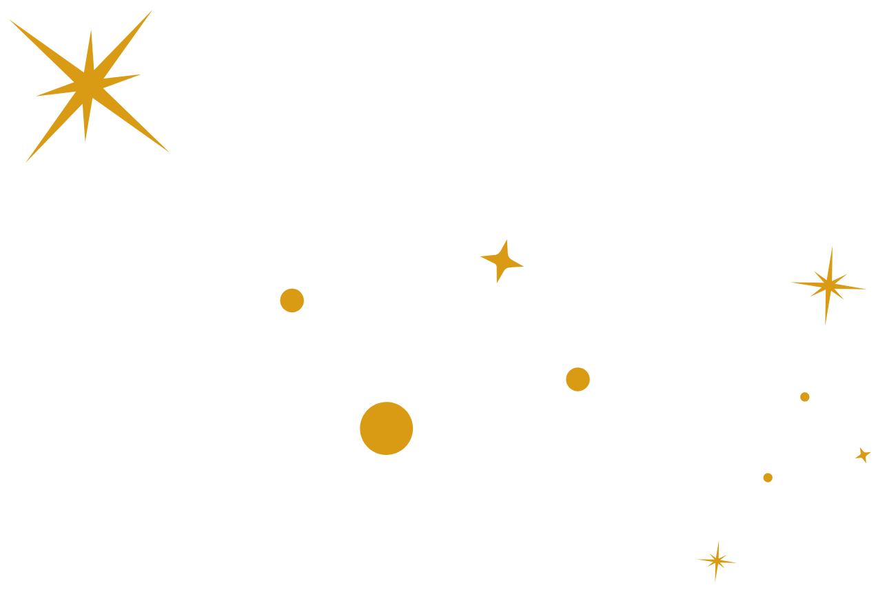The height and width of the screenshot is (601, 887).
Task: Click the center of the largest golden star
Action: tap(89, 85)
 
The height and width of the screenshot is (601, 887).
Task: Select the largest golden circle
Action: tap(386, 428)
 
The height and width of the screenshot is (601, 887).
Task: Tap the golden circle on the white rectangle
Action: tap(578, 379)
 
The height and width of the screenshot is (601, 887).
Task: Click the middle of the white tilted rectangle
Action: tap(613, 427)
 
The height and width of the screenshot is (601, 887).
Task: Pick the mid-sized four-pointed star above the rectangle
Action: tap(501, 261)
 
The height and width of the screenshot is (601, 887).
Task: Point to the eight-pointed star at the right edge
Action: tap(828, 284)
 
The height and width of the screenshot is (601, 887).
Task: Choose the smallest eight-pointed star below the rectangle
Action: tap(717, 560)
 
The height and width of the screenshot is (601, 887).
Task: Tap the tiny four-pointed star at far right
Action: tap(862, 454)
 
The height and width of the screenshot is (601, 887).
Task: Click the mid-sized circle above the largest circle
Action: tap(292, 300)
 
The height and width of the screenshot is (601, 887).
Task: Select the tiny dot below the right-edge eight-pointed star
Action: tap(804, 397)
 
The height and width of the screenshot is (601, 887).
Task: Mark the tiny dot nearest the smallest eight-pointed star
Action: tap(767, 478)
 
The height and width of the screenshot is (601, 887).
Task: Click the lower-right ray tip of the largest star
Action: tap(169, 152)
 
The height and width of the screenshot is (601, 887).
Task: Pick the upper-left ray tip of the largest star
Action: tap(9, 19)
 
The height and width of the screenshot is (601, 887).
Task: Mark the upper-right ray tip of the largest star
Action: tap(152, 10)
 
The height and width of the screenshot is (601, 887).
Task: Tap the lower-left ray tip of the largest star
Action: tap(26, 163)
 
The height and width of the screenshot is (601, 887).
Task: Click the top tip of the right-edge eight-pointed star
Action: tap(832, 246)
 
